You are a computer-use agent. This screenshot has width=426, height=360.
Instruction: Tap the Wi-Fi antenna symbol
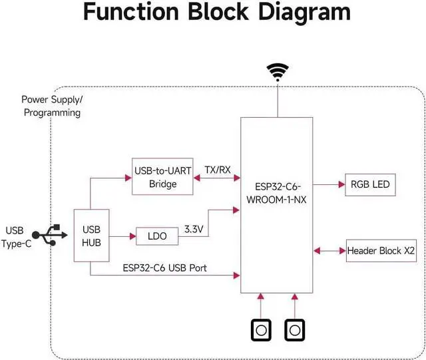pos(276,71)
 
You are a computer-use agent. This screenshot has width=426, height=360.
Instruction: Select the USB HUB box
pos(91,236)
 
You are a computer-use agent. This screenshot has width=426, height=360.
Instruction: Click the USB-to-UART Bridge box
pos(162,177)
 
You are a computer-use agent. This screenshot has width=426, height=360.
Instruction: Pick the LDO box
pos(157,236)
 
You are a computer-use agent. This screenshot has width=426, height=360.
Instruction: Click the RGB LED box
pos(368,185)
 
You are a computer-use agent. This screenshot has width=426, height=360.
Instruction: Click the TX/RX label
pos(217,170)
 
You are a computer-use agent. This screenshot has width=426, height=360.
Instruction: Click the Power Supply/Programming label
pos(52,106)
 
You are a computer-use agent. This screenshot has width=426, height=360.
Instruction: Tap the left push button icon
pos(261,329)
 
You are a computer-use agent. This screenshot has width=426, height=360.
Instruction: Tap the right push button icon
pos(295,329)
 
